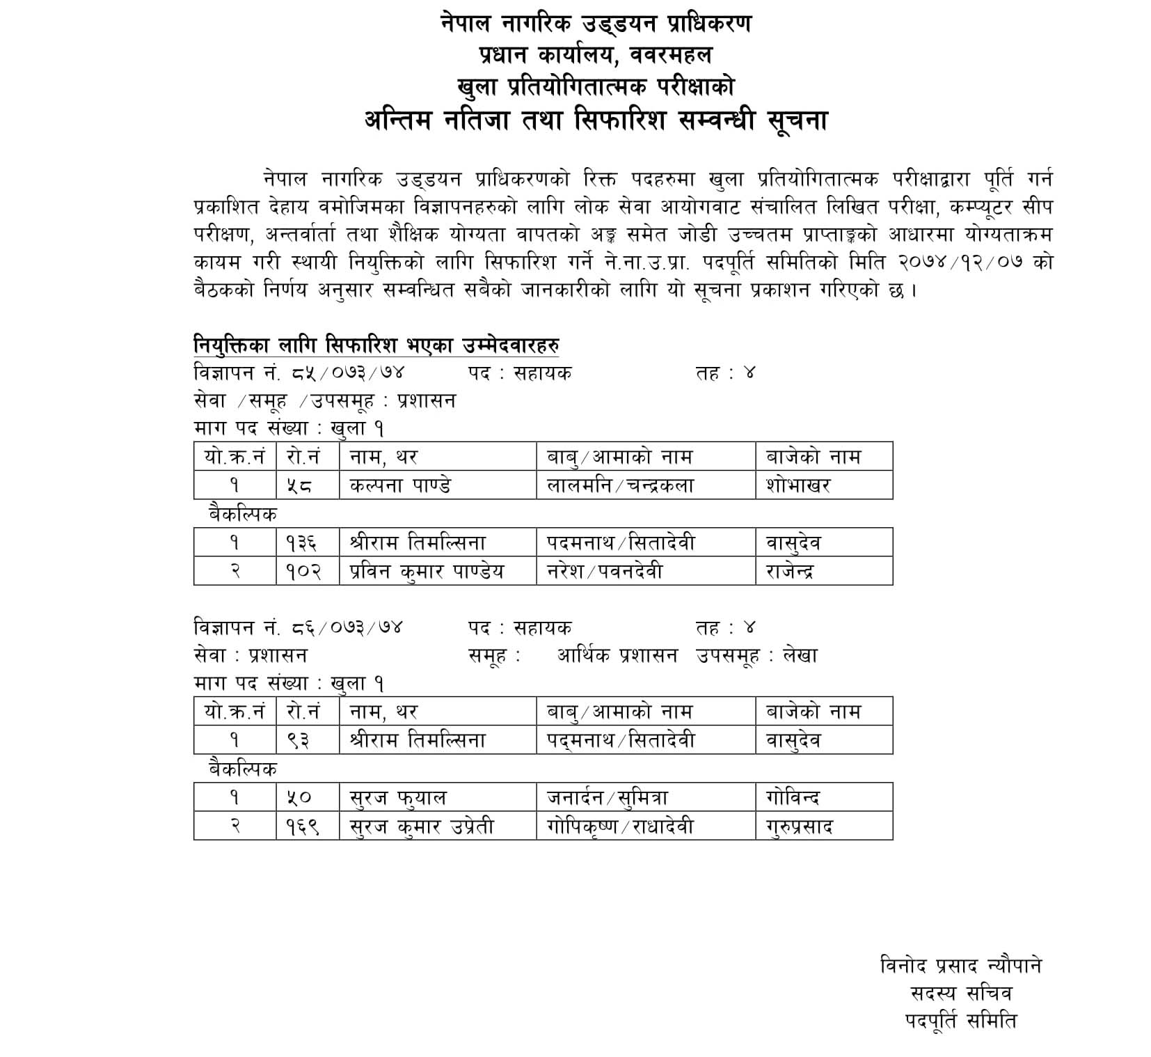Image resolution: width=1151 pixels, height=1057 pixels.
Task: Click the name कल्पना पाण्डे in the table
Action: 399,485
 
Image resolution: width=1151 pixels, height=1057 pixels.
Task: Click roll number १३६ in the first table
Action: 303,543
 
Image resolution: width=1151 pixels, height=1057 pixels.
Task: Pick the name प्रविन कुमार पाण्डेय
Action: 427,572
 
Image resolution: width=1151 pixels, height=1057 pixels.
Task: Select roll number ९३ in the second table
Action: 299,741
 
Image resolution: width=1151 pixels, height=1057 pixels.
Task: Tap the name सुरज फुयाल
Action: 397,798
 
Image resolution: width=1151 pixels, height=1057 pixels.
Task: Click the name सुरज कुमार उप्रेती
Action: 422,827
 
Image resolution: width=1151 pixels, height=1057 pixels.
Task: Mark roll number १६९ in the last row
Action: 303,827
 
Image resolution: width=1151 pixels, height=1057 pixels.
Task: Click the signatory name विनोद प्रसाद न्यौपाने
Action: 960,966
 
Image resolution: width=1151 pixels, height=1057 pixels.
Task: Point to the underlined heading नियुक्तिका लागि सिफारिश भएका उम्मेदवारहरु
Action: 376,345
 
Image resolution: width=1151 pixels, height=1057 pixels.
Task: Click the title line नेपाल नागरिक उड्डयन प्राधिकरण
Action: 596,25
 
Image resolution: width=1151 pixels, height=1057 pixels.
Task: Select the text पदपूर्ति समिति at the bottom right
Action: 960,1021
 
